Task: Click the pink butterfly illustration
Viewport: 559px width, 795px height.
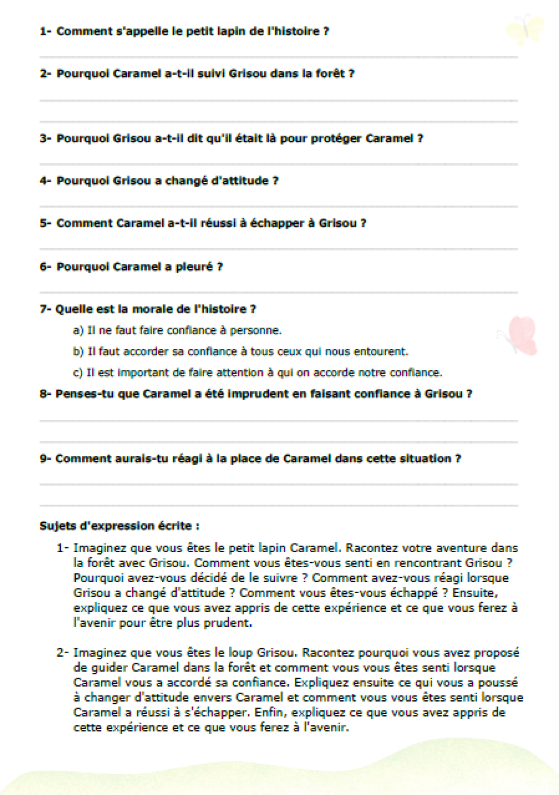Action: pos(520,335)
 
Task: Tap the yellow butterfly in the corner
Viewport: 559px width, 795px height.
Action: pos(524,29)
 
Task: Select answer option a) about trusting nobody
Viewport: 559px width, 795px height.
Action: pos(177,330)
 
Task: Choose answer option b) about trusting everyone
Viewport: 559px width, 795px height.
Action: pos(240,351)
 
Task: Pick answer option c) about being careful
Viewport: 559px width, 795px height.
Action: pos(258,373)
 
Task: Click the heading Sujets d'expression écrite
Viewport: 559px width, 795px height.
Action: pos(119,526)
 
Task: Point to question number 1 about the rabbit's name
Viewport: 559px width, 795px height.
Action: pos(184,31)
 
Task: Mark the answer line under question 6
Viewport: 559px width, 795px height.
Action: pos(278,292)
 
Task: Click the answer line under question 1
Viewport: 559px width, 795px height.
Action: pos(278,56)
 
